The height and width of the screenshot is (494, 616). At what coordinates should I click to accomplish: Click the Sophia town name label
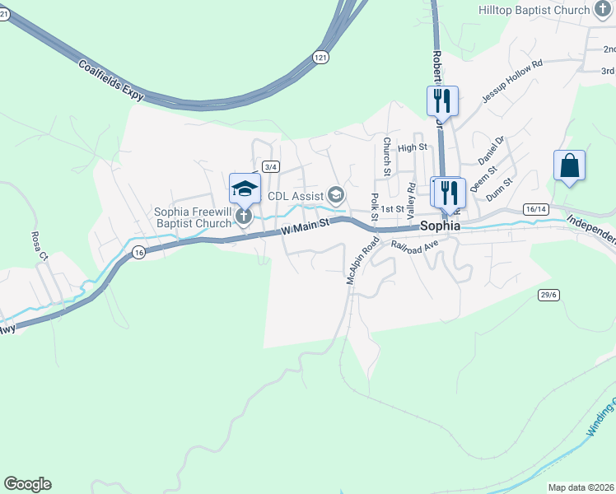pyautogui.click(x=440, y=226)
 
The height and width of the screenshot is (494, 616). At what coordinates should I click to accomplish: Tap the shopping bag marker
pyautogui.click(x=569, y=165)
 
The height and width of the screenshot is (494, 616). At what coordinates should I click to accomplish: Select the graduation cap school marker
pyautogui.click(x=245, y=189)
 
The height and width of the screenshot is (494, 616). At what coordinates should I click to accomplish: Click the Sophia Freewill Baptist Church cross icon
pyautogui.click(x=243, y=217)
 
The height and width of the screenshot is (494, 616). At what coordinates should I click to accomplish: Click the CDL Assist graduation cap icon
pyautogui.click(x=336, y=195)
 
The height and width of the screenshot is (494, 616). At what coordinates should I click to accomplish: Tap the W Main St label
pyautogui.click(x=306, y=223)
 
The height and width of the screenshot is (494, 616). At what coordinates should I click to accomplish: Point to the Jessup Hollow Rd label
pyautogui.click(x=512, y=80)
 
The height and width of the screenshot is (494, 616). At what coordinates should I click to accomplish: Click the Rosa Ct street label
pyautogui.click(x=36, y=245)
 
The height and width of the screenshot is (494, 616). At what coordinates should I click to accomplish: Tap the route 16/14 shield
pyautogui.click(x=534, y=209)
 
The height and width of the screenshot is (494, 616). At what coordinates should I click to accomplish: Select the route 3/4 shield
pyautogui.click(x=271, y=166)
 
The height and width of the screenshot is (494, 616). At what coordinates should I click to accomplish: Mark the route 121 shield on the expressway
pyautogui.click(x=320, y=57)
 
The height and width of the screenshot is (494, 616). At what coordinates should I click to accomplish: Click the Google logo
pyautogui.click(x=27, y=484)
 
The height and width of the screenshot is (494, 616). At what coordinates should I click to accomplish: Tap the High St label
pyautogui.click(x=413, y=147)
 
